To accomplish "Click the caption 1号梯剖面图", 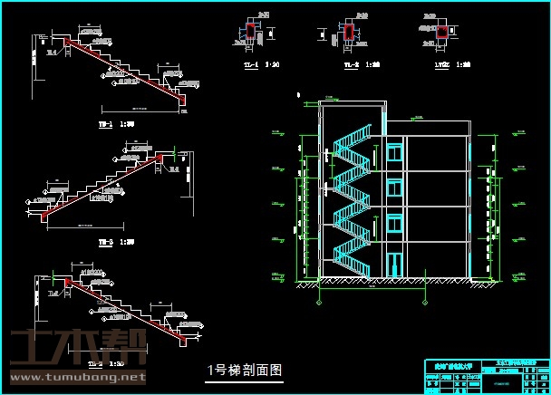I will coord(246,370).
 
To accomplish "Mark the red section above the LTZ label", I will coord(442,34).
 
